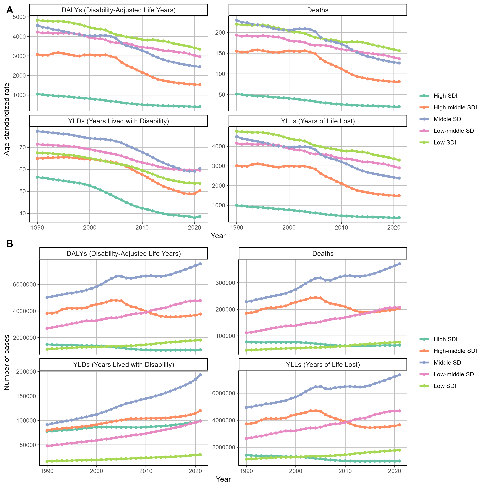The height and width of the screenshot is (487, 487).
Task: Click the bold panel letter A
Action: [10, 10]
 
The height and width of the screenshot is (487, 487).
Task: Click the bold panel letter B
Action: [10, 244]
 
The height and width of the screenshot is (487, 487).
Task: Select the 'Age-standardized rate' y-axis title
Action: [7, 119]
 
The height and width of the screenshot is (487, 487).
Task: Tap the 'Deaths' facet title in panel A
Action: [318, 10]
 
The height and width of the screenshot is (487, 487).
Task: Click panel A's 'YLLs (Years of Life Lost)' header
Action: [318, 121]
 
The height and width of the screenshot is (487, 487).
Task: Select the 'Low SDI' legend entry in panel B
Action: [445, 386]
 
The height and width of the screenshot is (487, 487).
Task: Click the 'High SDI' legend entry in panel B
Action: [445, 339]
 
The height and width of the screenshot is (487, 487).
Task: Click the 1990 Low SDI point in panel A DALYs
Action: [37, 20]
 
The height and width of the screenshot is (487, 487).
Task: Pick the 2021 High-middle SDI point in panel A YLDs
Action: [200, 191]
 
